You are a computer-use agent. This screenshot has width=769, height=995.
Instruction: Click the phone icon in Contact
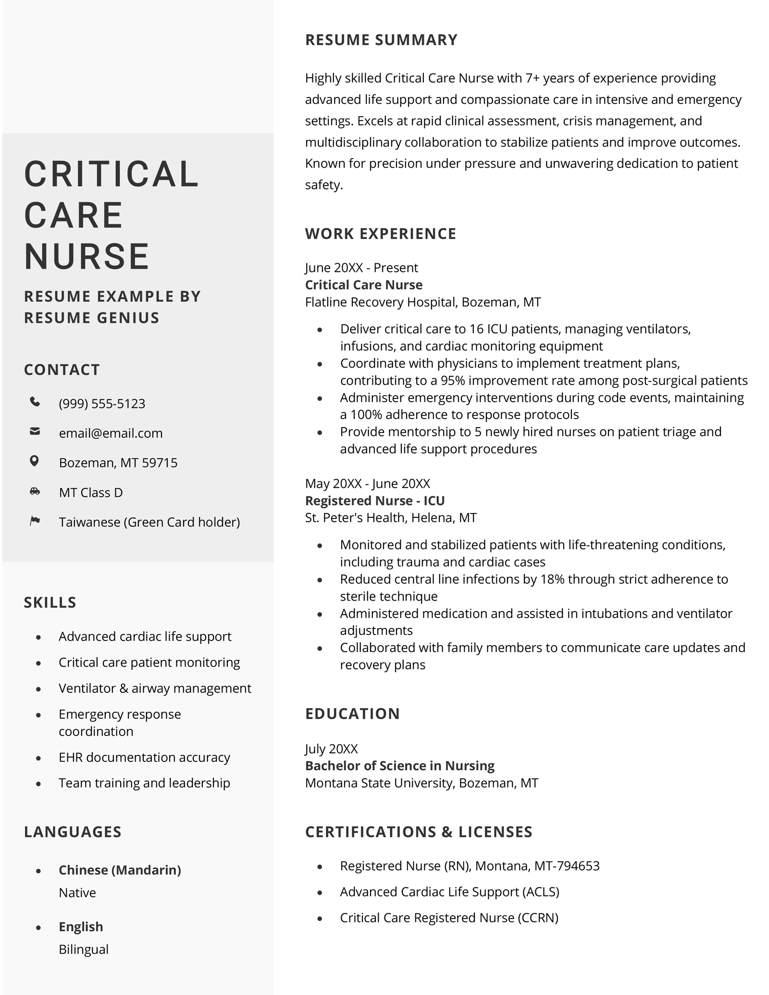pos(35,402)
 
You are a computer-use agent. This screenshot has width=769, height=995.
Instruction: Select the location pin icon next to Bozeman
pos(34,461)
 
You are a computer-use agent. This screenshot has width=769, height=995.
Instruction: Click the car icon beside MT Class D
pos(35,491)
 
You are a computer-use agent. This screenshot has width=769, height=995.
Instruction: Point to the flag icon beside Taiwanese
pos(35,521)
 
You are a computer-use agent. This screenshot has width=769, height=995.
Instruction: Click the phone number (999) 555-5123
pos(102,404)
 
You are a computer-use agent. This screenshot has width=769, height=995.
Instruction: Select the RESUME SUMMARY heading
pos(381,40)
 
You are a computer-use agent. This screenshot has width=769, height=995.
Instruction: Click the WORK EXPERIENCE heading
pos(380,234)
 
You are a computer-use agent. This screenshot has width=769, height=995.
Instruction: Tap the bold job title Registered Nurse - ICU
pos(375,501)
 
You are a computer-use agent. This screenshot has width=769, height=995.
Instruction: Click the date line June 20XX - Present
pos(361,268)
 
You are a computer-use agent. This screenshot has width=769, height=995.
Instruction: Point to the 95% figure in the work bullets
pos(453,381)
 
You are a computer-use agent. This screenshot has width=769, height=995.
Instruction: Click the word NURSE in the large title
pos(87,256)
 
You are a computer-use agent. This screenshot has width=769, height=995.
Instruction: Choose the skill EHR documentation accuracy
pos(144,757)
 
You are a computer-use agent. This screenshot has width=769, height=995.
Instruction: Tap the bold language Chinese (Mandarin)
pos(120,870)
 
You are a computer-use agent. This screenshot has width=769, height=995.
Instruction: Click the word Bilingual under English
pos(84,949)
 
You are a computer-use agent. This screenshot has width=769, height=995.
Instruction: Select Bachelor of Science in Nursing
pos(399,766)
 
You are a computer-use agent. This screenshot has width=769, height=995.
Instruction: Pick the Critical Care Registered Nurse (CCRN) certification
pos(449,918)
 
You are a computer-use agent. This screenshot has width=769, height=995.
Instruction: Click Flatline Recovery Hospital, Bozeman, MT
pos(423,302)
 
